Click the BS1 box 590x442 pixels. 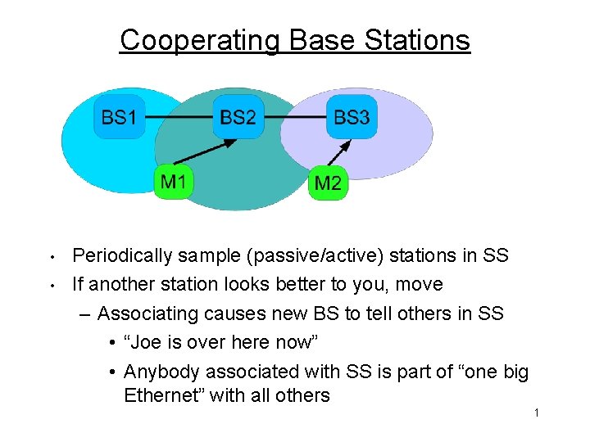point(119,117)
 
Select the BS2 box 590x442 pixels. point(238,117)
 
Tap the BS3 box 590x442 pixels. point(352,117)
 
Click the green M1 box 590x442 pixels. point(174,181)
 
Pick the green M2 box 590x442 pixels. point(328,183)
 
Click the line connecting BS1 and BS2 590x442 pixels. point(179,117)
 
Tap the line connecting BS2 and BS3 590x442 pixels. point(295,117)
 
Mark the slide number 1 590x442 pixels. point(536,413)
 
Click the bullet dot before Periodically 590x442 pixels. point(51,257)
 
